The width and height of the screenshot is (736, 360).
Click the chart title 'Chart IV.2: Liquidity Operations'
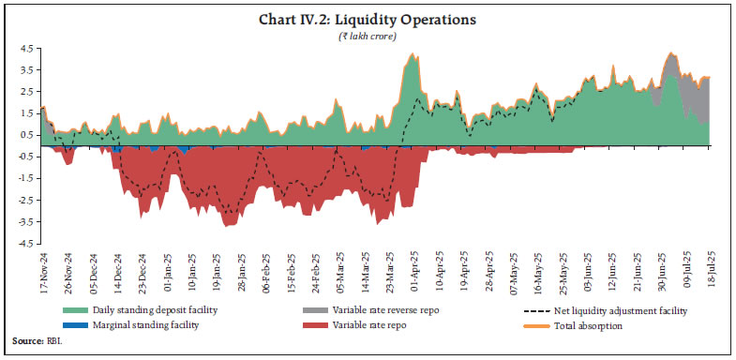click(x=368, y=19)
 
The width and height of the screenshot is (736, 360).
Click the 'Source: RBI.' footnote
click(x=36, y=346)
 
